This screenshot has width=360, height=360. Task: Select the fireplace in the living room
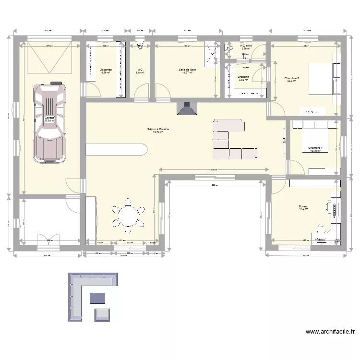click(x=187, y=108)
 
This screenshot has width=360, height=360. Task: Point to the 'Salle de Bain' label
click(x=187, y=70)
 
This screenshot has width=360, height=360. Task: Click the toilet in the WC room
click(x=141, y=46)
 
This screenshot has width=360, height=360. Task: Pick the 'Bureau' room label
click(x=303, y=206)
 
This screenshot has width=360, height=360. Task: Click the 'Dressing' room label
click(x=243, y=77)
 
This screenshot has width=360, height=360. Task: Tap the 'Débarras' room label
click(x=106, y=70)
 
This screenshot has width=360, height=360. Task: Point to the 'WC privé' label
click(x=245, y=46)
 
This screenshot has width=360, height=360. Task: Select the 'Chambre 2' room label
click(x=291, y=78)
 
